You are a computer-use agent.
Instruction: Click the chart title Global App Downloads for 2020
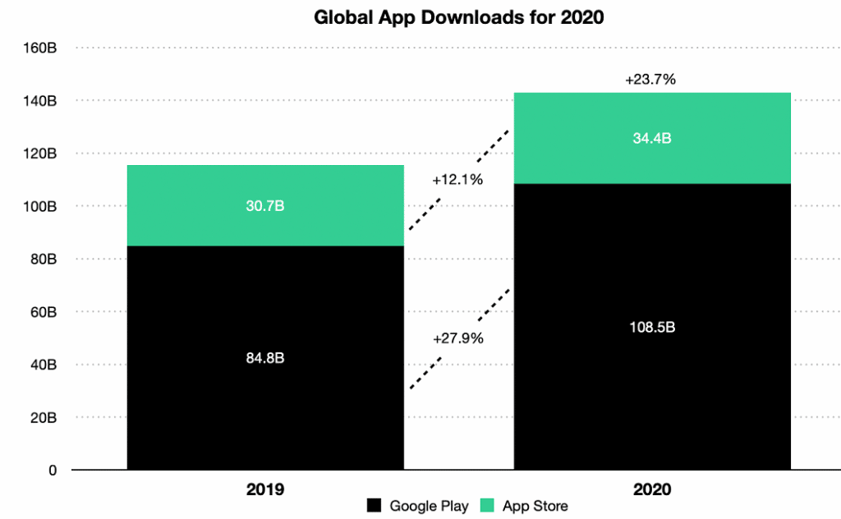(x=459, y=17)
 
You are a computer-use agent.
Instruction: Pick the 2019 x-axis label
(x=265, y=490)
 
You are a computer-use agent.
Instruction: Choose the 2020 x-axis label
(x=652, y=490)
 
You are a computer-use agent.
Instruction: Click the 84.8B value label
(x=265, y=358)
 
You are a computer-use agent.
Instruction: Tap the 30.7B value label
(x=265, y=206)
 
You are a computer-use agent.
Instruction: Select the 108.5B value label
(x=652, y=327)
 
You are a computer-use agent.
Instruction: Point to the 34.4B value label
(x=652, y=138)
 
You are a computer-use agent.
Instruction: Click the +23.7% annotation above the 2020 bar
(x=650, y=80)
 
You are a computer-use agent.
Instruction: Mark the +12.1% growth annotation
(x=457, y=180)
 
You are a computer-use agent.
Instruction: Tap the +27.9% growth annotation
(x=457, y=338)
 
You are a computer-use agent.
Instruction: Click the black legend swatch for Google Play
(x=375, y=506)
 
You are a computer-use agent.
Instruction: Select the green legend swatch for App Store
(x=486, y=506)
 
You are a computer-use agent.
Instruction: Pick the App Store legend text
(x=535, y=506)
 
